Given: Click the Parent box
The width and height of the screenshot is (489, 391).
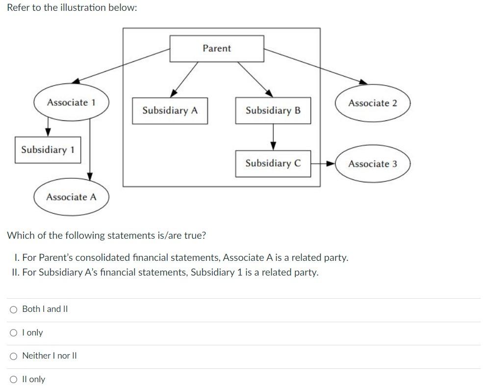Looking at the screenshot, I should click(216, 49).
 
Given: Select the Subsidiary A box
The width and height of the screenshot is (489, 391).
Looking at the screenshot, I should click(170, 111).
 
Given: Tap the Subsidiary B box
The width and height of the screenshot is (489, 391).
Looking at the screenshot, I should click(273, 111).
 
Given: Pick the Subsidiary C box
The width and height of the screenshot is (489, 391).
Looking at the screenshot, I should click(273, 164).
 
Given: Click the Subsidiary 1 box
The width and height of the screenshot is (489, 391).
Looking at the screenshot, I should click(48, 150).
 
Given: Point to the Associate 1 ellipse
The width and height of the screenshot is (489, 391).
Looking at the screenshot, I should click(71, 103).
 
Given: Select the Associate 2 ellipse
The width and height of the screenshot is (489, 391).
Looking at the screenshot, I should click(372, 103).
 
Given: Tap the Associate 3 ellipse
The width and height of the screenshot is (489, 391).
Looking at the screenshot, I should click(372, 164).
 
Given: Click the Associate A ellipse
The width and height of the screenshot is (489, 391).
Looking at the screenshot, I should click(71, 197).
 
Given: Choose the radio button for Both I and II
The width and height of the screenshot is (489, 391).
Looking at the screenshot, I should click(14, 309).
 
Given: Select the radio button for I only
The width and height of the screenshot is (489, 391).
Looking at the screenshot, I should click(14, 333).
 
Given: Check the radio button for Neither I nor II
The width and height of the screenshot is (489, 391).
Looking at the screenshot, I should click(14, 356).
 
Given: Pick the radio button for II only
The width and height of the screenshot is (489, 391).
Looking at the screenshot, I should click(14, 380).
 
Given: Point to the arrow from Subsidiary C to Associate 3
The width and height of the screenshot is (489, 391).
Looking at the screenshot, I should click(323, 164).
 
